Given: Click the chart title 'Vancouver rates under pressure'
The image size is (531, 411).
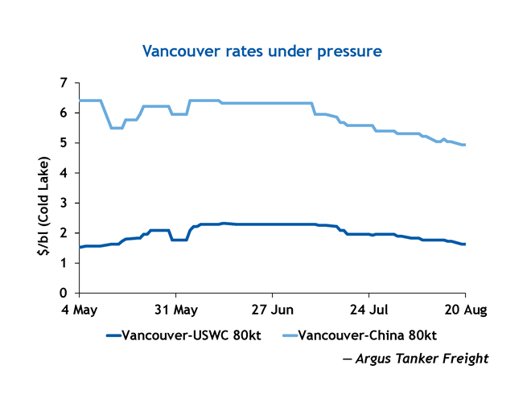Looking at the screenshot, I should pos(261,51).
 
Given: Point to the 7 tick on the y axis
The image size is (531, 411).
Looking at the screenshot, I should pos(64,83).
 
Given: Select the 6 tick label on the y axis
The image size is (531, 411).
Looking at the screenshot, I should pos(64,113).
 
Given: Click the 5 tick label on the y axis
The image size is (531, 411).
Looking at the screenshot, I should pos(64,143).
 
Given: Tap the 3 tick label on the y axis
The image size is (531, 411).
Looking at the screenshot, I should pos(64,203).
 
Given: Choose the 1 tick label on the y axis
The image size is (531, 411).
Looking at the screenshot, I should pos(64,264).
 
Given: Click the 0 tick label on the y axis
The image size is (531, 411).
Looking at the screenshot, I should pos(64,294).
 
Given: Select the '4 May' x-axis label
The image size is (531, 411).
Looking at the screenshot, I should pos(79,310).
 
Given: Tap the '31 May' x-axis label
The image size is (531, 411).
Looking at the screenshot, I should pos(175,310).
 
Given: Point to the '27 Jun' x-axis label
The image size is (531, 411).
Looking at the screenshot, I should pos(272,310).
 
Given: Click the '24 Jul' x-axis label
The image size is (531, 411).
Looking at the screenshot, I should pos(368,310).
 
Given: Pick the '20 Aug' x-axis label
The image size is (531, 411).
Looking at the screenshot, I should pos(465,310).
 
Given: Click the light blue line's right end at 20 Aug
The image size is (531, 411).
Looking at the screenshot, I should pos(465,145).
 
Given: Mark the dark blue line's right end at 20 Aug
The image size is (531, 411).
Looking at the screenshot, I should pos(465,245).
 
